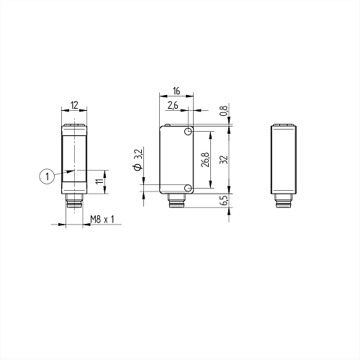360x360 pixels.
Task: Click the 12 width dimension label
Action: click(75, 105)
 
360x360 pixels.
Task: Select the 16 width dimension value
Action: click(176, 91)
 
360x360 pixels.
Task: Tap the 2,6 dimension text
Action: click(173, 105)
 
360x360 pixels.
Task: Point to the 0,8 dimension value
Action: click(223, 111)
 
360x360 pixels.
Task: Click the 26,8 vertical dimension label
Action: click(206, 160)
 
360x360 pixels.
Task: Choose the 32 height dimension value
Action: click(223, 160)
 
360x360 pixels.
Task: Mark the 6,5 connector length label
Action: click(223, 200)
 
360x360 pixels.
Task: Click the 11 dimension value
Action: click(99, 181)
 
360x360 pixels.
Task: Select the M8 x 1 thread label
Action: click(102, 219)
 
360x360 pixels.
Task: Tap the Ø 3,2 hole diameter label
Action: click(139, 160)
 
